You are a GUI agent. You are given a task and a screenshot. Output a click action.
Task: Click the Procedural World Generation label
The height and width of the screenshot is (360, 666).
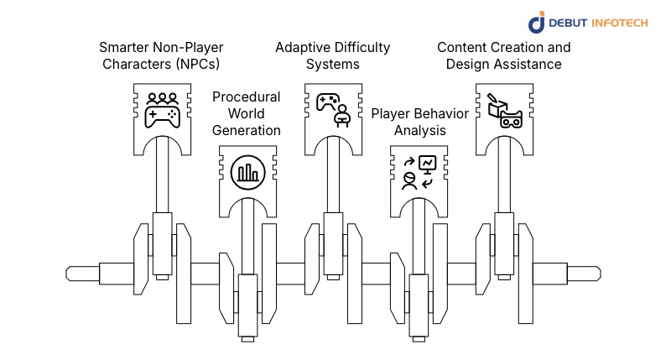(246, 113)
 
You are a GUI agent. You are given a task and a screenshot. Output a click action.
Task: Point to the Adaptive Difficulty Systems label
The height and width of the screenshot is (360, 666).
(332, 55)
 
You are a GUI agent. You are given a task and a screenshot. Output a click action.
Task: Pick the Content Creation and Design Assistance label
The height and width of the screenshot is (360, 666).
(503, 55)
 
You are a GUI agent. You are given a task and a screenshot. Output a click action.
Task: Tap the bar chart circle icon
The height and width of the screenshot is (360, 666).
(247, 172)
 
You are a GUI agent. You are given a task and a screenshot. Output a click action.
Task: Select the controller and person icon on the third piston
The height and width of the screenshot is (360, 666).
(332, 109)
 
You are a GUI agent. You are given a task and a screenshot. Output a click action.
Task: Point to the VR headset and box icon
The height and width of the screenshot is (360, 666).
(504, 109)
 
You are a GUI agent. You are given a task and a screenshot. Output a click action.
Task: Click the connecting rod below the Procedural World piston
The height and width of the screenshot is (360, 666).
(247, 243)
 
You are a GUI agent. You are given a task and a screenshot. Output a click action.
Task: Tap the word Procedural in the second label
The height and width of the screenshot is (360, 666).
(246, 97)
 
